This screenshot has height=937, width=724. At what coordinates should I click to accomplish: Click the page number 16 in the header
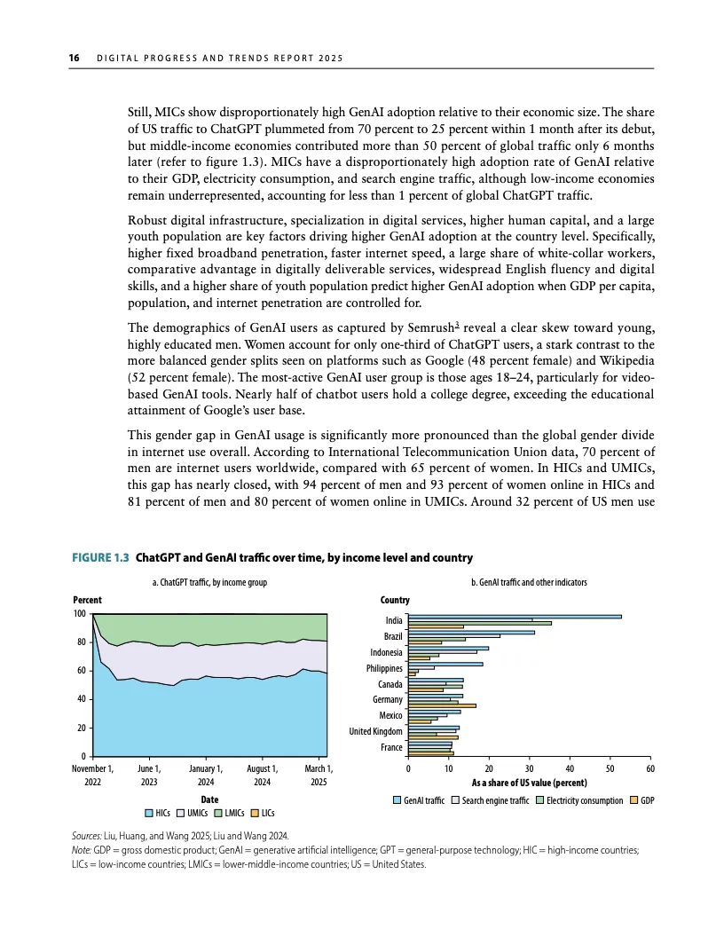coord(75,59)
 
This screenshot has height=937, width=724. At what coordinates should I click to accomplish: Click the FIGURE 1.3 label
coord(100,558)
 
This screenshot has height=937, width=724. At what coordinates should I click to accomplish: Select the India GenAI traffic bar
coord(515,616)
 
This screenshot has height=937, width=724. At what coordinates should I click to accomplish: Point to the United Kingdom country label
coord(375,731)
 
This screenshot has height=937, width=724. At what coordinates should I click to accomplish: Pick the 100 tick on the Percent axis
coord(80,614)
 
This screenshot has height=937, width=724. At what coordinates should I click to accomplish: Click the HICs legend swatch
coord(149,812)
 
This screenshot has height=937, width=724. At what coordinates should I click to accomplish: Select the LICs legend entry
coord(261,812)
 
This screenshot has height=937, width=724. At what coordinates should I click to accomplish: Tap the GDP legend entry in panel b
coord(641,801)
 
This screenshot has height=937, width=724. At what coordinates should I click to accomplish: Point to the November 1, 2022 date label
coord(92,775)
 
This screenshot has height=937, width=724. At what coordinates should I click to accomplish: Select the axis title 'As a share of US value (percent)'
coord(529,783)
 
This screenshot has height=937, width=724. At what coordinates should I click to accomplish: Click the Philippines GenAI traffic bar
coord(445,664)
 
